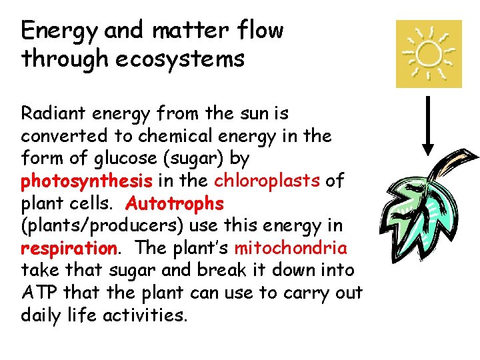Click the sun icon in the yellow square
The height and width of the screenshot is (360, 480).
pyautogui.click(x=429, y=54)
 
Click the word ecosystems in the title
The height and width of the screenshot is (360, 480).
pyautogui.click(x=180, y=59)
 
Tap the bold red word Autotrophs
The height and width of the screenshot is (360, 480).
pyautogui.click(x=175, y=203)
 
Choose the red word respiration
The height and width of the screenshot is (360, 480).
pyautogui.click(x=69, y=248)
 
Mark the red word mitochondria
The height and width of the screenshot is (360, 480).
pyautogui.click(x=291, y=248)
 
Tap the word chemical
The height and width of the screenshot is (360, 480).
pyautogui.click(x=175, y=135)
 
